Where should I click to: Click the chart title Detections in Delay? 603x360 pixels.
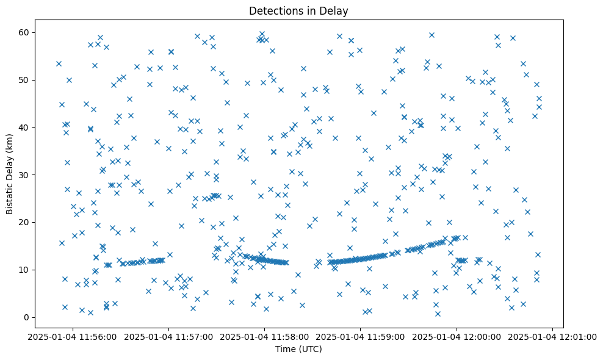(298, 10)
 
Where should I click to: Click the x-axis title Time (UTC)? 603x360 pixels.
(298, 349)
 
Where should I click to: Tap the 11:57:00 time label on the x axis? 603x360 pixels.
(168, 336)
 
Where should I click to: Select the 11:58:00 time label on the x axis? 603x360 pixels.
(265, 336)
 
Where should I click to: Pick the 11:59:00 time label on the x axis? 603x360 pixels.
(361, 336)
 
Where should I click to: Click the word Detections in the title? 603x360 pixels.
(273, 10)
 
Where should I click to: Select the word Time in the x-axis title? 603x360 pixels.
(286, 349)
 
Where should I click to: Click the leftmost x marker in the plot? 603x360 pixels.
(59, 63)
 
